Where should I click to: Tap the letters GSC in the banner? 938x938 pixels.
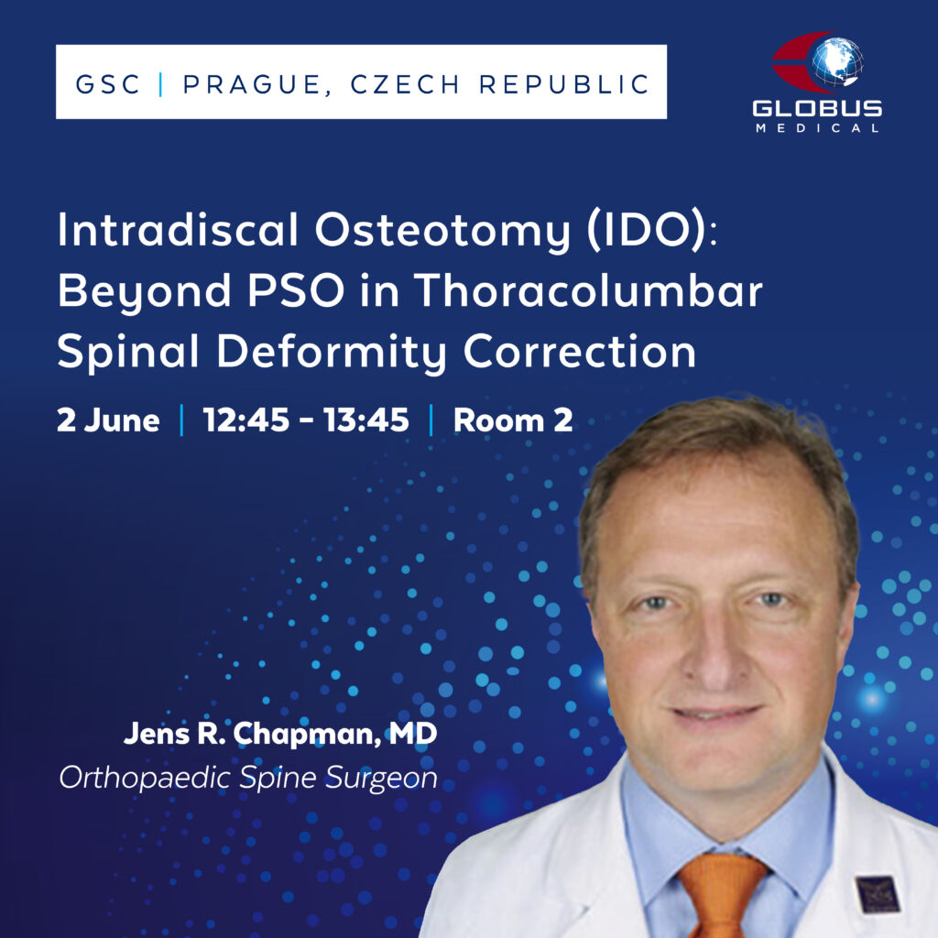(x=108, y=84)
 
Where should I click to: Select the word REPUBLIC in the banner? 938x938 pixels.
(x=564, y=84)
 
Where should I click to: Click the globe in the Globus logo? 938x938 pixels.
(x=837, y=61)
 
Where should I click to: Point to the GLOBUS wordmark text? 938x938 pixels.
(x=817, y=108)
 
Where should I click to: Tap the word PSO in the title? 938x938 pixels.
(x=296, y=290)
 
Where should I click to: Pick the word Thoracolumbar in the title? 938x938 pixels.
(x=588, y=290)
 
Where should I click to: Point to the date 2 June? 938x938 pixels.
(x=108, y=420)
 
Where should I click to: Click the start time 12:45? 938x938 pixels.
(x=245, y=420)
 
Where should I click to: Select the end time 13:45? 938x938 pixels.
(x=366, y=420)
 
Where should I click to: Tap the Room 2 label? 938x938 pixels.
(x=513, y=420)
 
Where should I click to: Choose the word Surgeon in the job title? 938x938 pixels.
(x=382, y=779)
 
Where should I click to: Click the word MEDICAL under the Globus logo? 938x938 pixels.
(x=817, y=128)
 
